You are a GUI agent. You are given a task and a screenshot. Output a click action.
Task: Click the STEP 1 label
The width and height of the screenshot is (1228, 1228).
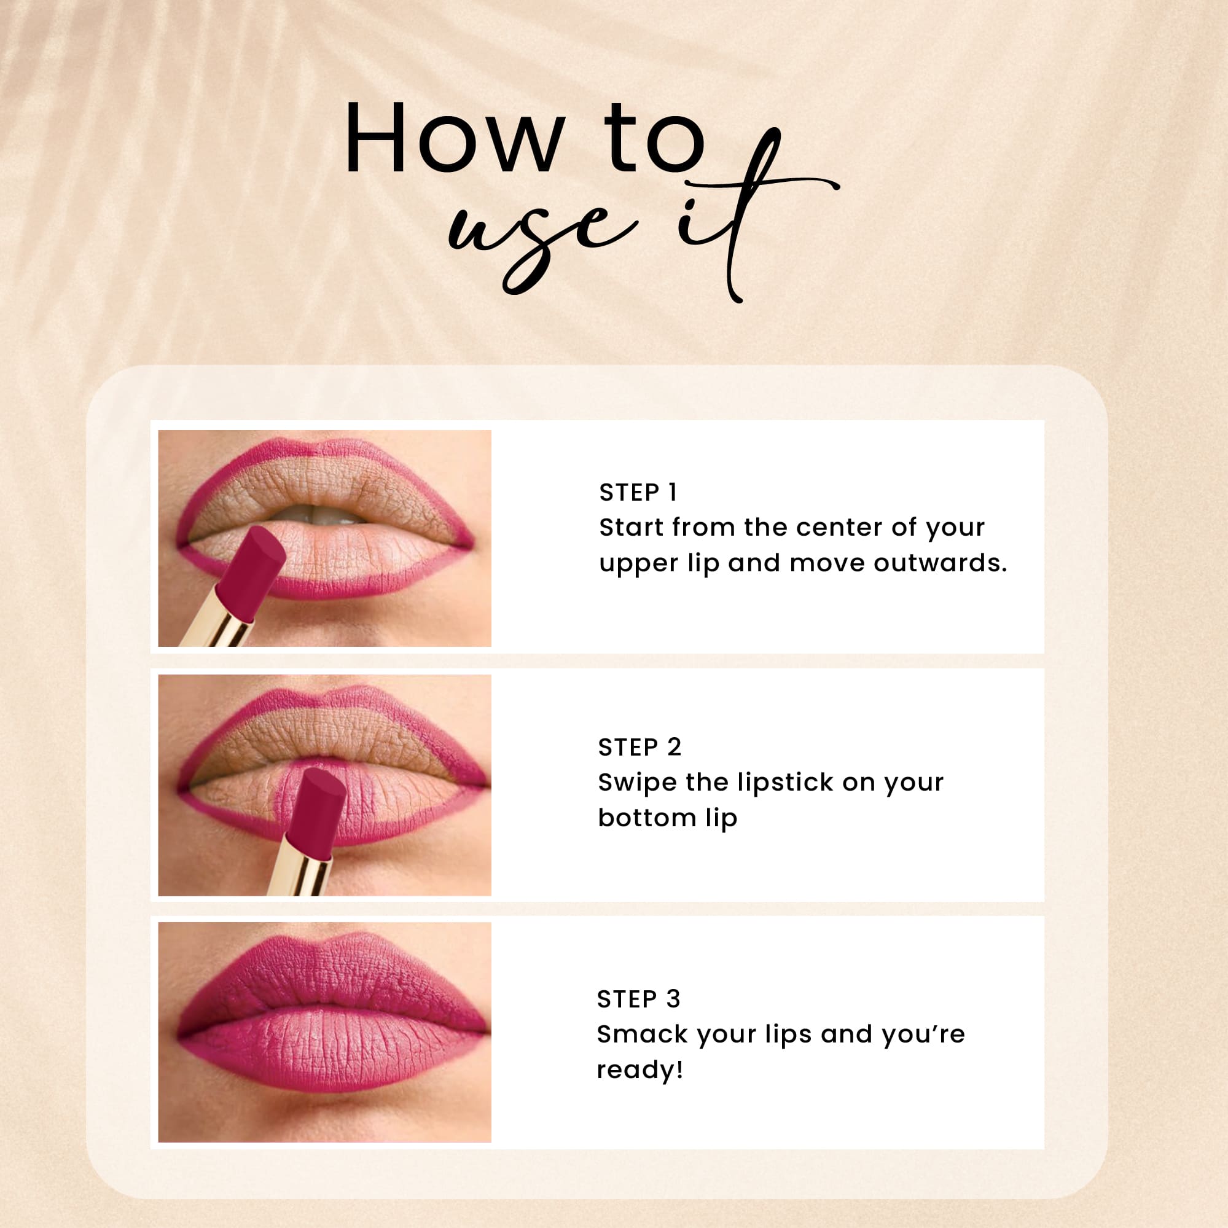[638, 493]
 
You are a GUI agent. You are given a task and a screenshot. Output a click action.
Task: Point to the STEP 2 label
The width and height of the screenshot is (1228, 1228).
[639, 748]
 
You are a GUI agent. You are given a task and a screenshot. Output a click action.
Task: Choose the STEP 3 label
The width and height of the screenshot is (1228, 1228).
[638, 999]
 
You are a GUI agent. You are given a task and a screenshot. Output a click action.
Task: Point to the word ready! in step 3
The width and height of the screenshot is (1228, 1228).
[639, 1070]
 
